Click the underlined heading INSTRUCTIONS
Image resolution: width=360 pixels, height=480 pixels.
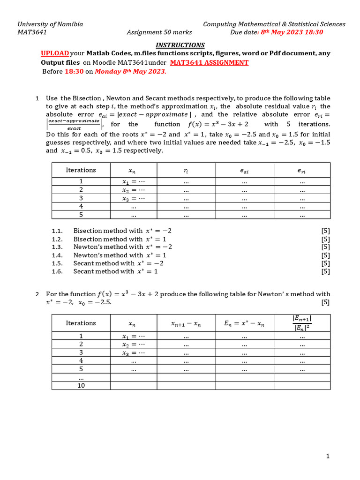point(180,45)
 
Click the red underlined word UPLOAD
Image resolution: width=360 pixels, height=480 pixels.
point(55,53)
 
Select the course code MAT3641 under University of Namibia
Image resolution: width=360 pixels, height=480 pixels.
point(32,32)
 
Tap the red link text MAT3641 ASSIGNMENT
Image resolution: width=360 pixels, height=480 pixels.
point(209,62)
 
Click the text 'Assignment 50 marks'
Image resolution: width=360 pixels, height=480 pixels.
point(155,32)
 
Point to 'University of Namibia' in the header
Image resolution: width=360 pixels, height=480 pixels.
point(50,24)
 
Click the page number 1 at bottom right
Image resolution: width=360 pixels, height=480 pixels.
point(328,456)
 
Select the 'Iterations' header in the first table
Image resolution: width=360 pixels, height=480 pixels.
point(81,170)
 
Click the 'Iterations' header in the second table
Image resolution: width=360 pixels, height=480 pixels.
point(81,323)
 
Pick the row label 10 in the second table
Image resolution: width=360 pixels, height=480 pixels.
point(81,386)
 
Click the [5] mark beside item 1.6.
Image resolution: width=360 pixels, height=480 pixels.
point(325,271)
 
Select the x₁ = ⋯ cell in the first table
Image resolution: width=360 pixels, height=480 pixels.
point(133,182)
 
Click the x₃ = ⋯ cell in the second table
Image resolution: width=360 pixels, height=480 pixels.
point(133,352)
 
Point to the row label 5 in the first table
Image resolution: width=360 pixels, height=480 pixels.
point(81,215)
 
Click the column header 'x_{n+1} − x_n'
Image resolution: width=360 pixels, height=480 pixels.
point(186,323)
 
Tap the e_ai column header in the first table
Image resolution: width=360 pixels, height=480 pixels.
point(244,171)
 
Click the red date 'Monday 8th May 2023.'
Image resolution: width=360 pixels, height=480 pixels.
point(130,72)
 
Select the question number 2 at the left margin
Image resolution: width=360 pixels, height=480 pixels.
point(37,294)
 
